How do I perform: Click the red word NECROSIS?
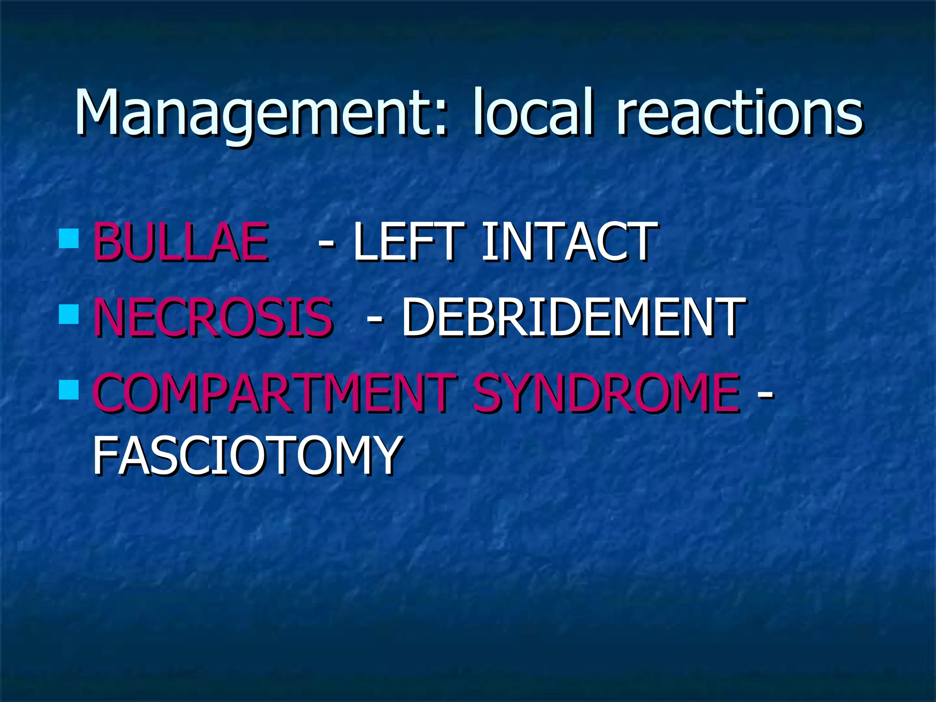[x=213, y=317]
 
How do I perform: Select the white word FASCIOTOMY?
[x=247, y=455]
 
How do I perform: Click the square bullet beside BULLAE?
[x=69, y=238]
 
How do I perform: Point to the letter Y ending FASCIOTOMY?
[x=384, y=455]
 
